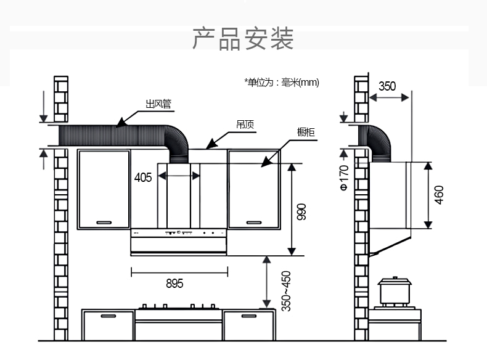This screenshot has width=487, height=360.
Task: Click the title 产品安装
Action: (x=243, y=38)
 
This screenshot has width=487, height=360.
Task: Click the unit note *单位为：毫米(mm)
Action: (x=281, y=82)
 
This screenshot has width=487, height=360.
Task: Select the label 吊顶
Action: (x=244, y=125)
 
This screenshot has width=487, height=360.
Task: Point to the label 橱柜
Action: (x=306, y=132)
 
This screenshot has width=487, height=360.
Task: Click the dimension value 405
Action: (x=143, y=178)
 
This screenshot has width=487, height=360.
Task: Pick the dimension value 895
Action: (x=174, y=284)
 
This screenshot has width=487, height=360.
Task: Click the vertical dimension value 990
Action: (x=301, y=211)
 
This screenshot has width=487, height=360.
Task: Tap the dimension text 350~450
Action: (x=286, y=290)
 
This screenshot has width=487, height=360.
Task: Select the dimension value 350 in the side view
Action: (x=387, y=86)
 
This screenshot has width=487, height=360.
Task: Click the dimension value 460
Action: (x=439, y=195)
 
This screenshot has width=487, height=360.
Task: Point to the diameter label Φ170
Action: (x=344, y=178)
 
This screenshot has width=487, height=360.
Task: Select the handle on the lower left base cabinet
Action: (x=108, y=316)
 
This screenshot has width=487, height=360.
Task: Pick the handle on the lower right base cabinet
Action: (x=249, y=316)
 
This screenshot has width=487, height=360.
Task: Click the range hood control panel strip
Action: (x=179, y=233)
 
